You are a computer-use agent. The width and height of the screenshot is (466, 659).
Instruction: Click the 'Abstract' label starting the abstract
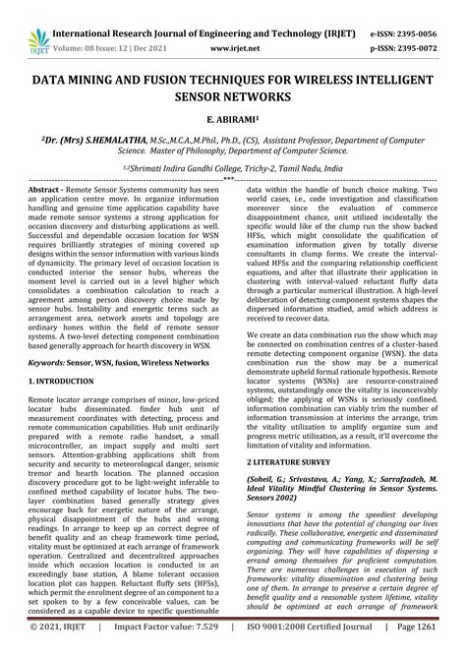coord(45,188)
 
